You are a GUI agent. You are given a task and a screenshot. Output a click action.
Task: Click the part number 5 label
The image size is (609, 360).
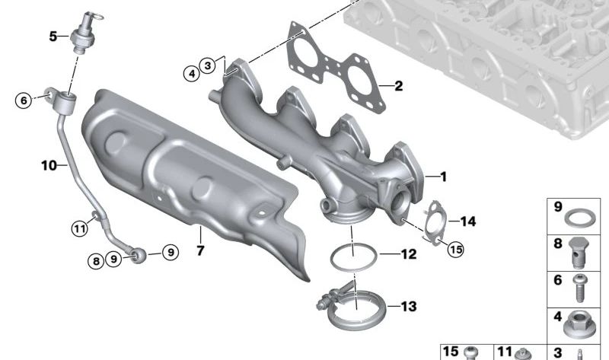pos(53,37)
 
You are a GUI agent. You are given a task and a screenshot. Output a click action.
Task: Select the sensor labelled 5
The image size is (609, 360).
pos(85,32)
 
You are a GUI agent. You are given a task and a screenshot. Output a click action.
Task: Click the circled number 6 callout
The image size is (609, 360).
pos(24,100)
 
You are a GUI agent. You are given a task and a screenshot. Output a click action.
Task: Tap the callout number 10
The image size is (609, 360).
pos(49,165)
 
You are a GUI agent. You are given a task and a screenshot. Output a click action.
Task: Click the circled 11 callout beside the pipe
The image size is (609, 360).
pos(80,228)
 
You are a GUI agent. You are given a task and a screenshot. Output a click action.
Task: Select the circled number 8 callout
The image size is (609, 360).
pos(96,261)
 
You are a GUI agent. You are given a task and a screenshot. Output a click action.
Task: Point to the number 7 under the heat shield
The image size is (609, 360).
pos(200,250)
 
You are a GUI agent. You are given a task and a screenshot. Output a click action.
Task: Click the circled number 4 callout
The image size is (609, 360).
pos(192,73)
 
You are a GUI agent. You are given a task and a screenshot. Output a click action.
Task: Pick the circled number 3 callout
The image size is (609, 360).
pos(208,65)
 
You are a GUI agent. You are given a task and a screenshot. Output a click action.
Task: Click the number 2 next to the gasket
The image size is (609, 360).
pos(398,86)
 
